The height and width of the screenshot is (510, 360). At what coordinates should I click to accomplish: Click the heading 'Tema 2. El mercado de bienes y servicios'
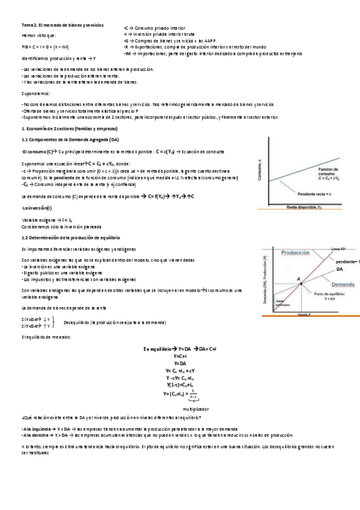[x=62, y=25]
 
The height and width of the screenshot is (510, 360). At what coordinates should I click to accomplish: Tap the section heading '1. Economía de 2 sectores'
[x=69, y=129]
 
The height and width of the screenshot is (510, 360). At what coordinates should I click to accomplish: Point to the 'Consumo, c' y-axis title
[x=260, y=173]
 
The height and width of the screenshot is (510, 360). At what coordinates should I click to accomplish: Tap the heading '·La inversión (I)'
[x=37, y=207]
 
